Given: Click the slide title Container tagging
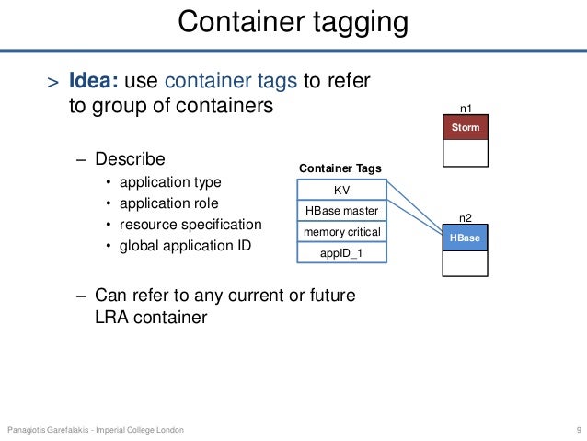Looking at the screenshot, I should (293, 23).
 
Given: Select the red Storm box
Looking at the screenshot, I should (466, 127).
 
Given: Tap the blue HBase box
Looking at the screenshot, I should (465, 238).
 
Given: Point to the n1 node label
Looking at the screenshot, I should (466, 108).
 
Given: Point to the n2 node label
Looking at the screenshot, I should (466, 218).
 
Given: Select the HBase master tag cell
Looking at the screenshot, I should (340, 211).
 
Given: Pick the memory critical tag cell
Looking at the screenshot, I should (340, 231).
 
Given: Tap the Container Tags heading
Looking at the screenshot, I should (340, 168).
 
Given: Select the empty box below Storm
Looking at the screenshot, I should (466, 152).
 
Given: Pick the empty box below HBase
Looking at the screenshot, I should (465, 263).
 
